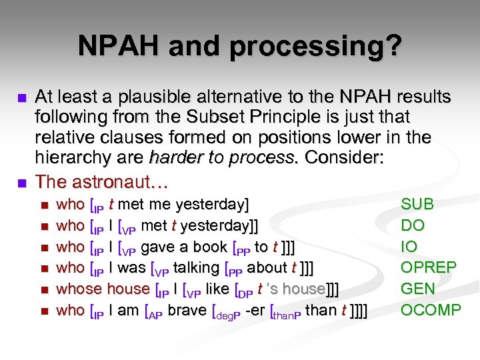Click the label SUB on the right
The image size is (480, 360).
417,204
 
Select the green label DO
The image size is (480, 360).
412,225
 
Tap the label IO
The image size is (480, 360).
409,247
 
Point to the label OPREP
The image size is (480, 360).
428,268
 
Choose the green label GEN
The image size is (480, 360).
417,289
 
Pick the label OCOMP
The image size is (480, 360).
430,310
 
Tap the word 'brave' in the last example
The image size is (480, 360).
186,310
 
